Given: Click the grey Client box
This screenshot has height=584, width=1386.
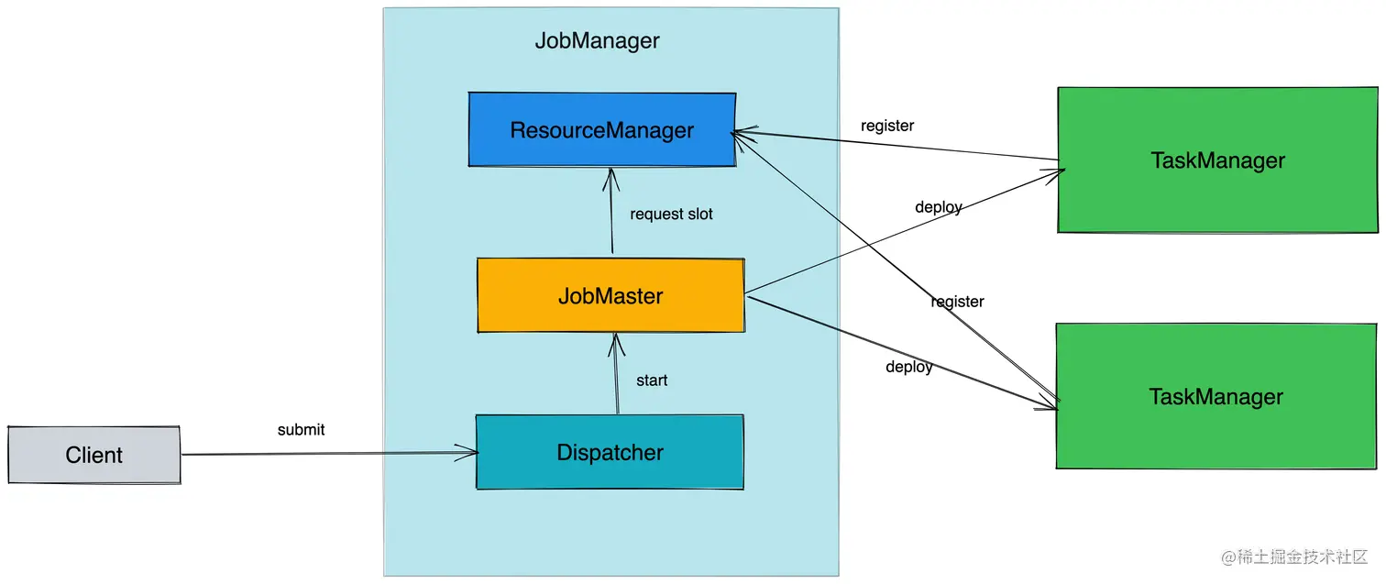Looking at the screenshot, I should (x=94, y=455).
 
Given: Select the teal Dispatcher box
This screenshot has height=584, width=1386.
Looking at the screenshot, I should (x=610, y=452).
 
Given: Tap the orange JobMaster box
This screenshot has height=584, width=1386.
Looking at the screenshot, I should (x=610, y=296).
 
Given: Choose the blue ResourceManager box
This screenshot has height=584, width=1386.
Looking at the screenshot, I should (x=602, y=130).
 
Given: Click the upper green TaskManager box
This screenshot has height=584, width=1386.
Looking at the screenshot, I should (x=1217, y=160).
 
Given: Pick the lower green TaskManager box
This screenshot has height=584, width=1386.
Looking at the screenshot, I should (x=1215, y=397).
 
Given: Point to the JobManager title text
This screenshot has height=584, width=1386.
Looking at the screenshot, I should (x=597, y=41).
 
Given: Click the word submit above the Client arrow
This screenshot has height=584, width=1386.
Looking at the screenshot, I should (x=301, y=429).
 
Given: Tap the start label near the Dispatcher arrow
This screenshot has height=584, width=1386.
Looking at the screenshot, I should (x=652, y=380).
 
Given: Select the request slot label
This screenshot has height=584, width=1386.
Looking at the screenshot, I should (x=671, y=214).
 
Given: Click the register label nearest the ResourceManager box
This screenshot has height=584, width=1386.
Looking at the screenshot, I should (x=886, y=126).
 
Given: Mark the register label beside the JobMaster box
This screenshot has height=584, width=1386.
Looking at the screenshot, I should (x=957, y=301).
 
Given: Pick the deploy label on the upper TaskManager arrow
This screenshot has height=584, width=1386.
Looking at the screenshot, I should (x=938, y=207).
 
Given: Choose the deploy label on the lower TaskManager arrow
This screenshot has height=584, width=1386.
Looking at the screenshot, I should (x=908, y=367).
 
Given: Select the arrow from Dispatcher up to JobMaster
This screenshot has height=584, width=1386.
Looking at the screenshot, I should (x=617, y=376).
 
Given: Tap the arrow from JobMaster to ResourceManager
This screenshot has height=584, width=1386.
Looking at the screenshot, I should (x=609, y=213).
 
